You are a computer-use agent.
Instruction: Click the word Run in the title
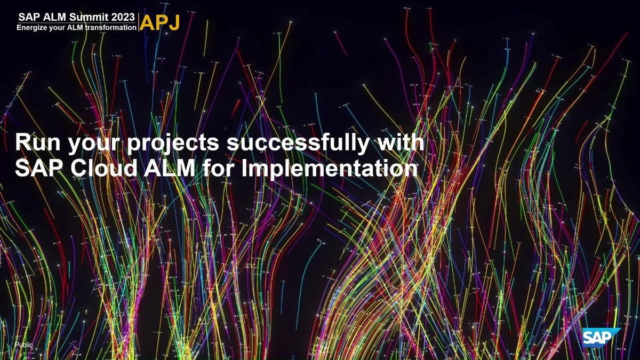pos(38,142)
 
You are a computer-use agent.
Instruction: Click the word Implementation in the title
pos(330,170)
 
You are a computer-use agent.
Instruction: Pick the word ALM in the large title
pos(170,168)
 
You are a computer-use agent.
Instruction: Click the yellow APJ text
pos(159,22)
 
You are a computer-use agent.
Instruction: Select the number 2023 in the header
pos(123,17)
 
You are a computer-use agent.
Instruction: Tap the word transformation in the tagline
pos(110,27)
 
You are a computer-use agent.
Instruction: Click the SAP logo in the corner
pos(601,338)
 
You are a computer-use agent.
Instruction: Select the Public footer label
pos(24,345)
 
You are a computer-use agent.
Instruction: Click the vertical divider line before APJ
pos(138,22)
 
